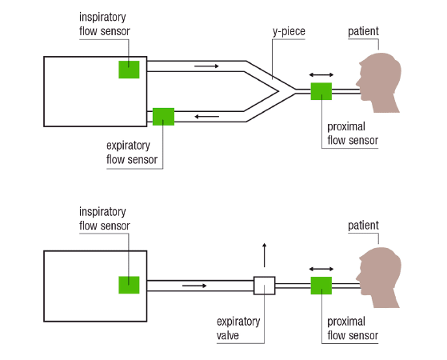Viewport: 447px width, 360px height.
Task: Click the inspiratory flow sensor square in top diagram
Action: [130, 69]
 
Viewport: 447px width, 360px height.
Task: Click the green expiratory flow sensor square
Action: [163, 117]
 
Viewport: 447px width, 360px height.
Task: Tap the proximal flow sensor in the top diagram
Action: [321, 91]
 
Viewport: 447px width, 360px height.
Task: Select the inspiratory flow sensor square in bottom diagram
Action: [130, 285]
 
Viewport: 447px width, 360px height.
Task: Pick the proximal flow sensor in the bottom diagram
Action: [321, 285]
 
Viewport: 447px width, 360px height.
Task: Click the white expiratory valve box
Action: [264, 285]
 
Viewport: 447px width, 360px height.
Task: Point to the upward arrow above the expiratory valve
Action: [264, 254]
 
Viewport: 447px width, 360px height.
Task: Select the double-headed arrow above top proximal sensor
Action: [321, 74]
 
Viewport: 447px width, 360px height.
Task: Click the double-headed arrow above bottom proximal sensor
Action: [321, 269]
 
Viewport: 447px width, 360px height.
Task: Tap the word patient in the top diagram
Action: [363, 32]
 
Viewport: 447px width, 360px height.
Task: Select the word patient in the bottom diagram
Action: [363, 226]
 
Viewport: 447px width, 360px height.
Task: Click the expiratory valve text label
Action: [238, 328]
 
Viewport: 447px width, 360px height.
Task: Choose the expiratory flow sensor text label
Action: [133, 152]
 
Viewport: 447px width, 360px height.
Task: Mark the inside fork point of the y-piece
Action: [277, 91]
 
